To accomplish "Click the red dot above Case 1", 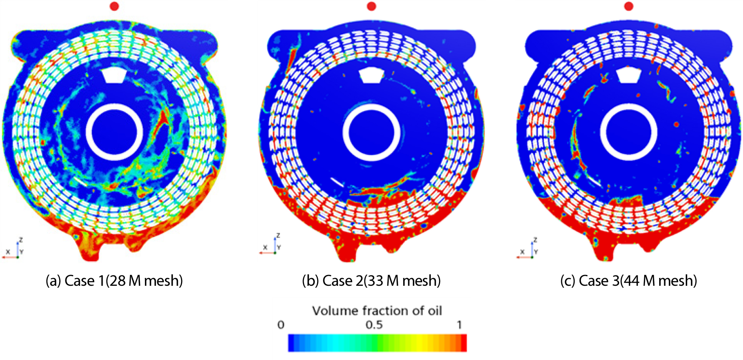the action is [x=114, y=6].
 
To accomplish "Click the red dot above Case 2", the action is [x=371, y=6].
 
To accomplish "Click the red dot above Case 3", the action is [x=629, y=6].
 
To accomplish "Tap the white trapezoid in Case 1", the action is [x=114, y=76].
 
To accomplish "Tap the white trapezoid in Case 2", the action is [x=371, y=76].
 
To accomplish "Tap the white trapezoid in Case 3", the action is [x=628, y=76].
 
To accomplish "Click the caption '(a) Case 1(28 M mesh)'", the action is [x=114, y=281].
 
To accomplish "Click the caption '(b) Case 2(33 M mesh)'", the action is [x=371, y=281].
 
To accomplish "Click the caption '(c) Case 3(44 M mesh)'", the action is [x=629, y=281].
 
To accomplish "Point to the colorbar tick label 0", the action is [x=281, y=325].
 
